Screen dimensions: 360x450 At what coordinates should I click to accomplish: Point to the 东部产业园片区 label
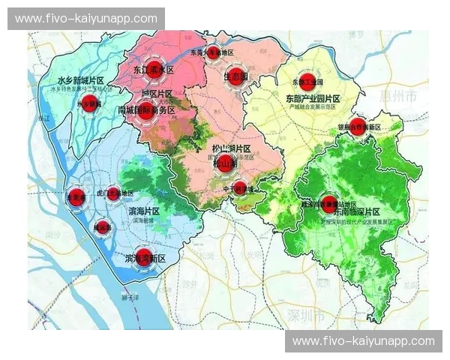313,99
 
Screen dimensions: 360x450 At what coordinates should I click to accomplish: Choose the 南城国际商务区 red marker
146,110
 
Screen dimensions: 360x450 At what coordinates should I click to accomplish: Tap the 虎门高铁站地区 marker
113,194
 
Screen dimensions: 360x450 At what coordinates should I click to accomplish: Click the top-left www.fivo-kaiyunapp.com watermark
86,19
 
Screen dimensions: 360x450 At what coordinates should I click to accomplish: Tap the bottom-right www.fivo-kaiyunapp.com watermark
364,341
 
